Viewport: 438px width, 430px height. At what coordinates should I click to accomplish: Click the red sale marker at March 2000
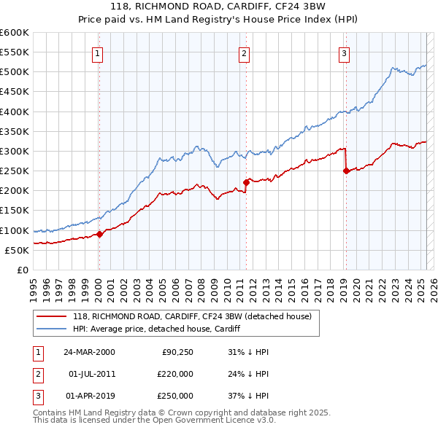click(100, 234)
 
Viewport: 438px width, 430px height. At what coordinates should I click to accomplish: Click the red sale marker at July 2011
click(246, 183)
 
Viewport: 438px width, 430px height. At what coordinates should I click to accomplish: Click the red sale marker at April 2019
click(346, 171)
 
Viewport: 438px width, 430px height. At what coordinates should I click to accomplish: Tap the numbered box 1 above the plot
click(97, 52)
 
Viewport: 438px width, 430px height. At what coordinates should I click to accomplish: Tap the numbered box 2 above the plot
click(243, 52)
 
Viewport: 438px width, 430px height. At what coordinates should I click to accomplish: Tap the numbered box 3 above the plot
click(343, 52)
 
